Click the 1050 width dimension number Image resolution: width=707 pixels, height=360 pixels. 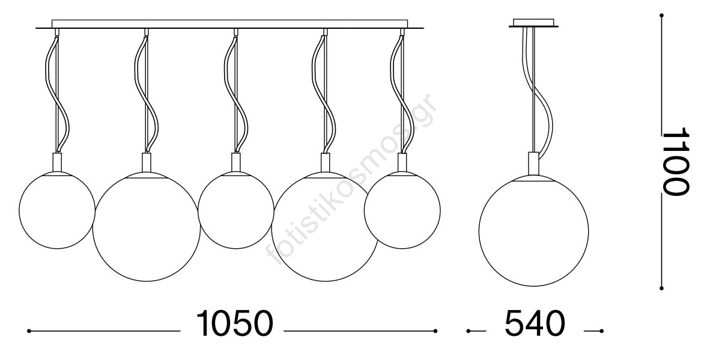(235, 323)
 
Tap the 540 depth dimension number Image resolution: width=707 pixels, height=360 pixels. (535, 323)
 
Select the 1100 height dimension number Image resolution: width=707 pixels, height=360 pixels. (675, 161)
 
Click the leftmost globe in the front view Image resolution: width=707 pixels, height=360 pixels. (57, 210)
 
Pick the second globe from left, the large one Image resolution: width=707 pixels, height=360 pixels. (147, 227)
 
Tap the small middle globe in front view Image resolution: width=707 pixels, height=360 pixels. (236, 210)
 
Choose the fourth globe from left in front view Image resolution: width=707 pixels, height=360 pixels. (325, 227)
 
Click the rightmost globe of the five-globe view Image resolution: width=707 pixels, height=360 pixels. (402, 210)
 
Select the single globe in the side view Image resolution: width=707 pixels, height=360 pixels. (534, 231)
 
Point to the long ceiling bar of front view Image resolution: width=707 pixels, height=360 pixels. (230, 25)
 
